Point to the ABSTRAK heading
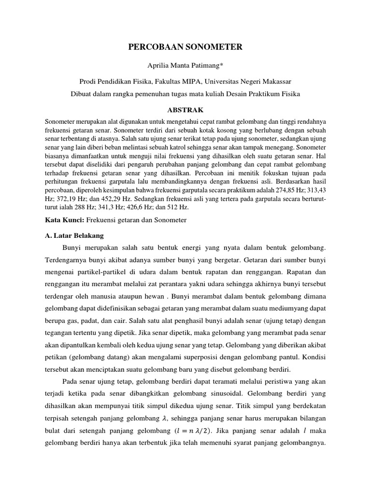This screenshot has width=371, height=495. click(185, 110)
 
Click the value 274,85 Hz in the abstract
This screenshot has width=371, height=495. click(298, 190)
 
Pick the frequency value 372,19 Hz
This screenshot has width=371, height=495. click(65, 199)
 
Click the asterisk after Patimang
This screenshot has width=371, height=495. click(221, 64)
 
